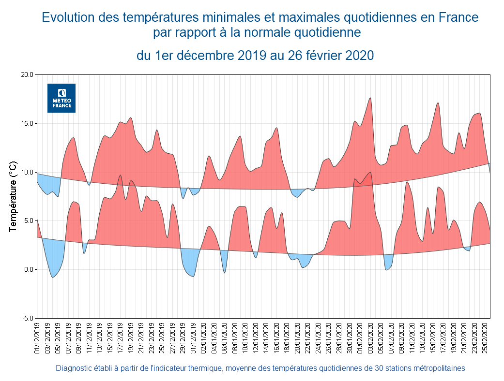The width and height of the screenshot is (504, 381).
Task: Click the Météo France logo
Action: pos(61,98)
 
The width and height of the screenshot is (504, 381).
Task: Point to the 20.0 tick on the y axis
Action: pos(27,75)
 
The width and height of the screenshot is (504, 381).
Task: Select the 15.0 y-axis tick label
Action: pos(27,123)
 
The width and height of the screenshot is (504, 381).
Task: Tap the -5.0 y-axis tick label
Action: pos(27,318)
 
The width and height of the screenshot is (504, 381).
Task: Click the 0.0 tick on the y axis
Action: pos(28,269)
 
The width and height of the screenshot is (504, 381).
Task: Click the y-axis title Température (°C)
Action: pos(14,196)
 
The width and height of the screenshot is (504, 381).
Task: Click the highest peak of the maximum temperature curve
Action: pos(370,98)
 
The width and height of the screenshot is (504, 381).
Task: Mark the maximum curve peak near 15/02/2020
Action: pos(438,103)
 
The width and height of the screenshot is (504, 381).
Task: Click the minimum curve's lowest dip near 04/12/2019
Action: pos(53,277)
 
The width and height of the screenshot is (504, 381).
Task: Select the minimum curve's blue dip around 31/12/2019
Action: pos(193,276)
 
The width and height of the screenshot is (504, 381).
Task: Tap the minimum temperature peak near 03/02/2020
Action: pos(370,172)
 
